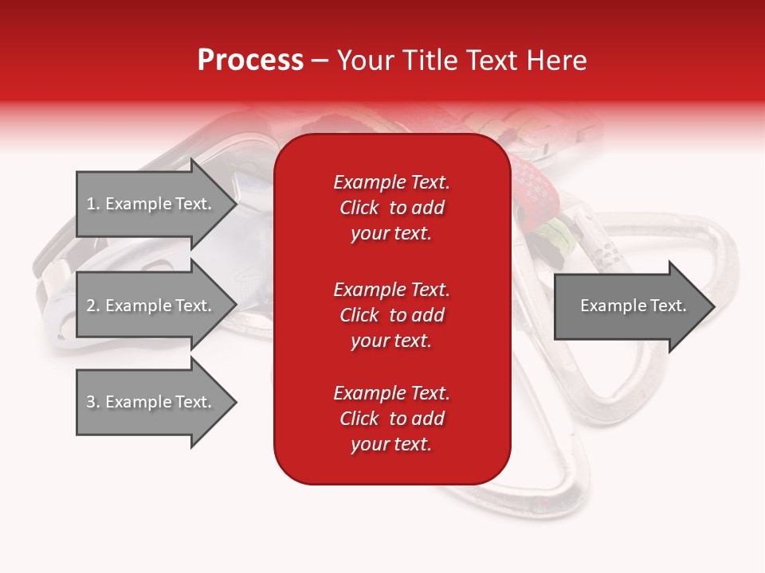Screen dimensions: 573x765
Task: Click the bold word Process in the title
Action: pos(250,60)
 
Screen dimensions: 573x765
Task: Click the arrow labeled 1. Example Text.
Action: pos(151,204)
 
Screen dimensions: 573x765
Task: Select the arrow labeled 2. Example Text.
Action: pos(151,306)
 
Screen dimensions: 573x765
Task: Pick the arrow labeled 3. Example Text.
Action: pos(151,402)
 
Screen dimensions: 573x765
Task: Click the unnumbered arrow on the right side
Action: pos(630,306)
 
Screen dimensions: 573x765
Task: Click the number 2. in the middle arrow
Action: pos(93,306)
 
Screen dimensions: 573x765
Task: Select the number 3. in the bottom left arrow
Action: pos(93,402)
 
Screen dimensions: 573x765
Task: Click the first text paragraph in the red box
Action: pos(391,208)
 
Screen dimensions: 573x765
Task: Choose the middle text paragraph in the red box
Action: pos(391,315)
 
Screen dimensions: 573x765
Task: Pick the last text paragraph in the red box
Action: pos(391,419)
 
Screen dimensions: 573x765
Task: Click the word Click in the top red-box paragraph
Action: pos(359,208)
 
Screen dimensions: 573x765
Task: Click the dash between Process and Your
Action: pos(320,60)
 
